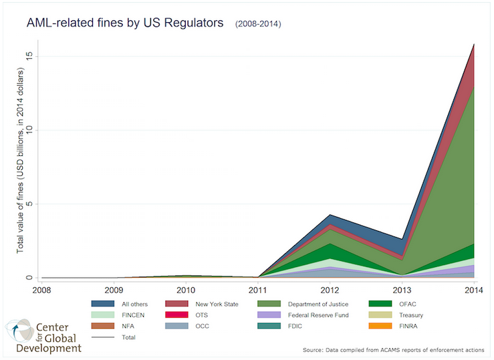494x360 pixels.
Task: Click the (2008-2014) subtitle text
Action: pyautogui.click(x=257, y=25)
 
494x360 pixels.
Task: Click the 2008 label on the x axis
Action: pyautogui.click(x=41, y=290)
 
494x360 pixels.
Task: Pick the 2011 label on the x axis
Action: pyautogui.click(x=258, y=290)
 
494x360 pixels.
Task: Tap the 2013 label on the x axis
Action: pyautogui.click(x=402, y=290)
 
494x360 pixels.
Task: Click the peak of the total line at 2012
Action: pyautogui.click(x=330, y=215)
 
